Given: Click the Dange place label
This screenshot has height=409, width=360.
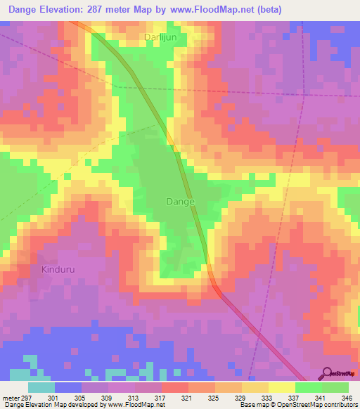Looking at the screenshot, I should click(180, 201).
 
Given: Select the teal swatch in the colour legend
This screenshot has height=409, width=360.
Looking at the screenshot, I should click(41, 387).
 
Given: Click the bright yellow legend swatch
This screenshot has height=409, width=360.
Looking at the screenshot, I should click(281, 387).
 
